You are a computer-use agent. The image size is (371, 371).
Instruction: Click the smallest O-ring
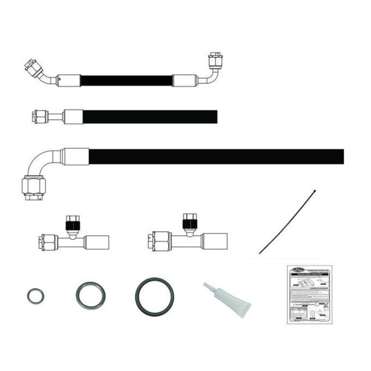35,296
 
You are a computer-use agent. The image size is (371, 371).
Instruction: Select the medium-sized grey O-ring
90,295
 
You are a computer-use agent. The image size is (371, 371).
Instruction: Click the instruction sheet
310,295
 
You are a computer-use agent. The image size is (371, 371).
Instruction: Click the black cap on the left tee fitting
71,223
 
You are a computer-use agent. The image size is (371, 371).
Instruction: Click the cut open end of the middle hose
216,117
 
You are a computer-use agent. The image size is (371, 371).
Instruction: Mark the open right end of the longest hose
342,157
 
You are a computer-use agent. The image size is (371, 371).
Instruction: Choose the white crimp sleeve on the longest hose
75,157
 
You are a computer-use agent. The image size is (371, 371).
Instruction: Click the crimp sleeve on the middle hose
73,117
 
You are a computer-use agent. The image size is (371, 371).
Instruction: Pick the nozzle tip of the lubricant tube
205,286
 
